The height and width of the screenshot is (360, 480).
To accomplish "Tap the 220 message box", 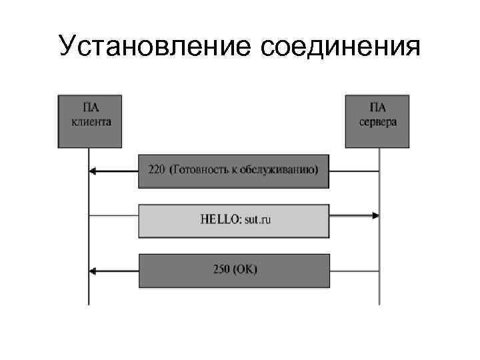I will (234, 170).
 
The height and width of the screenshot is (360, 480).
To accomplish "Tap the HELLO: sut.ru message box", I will (234, 221).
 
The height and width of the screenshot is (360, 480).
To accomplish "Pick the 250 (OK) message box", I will (234, 270).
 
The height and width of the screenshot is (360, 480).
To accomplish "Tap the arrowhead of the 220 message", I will (93, 171).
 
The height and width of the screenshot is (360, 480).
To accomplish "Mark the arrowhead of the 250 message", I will (93, 271).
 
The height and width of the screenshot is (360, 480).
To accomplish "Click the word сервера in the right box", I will (378, 122).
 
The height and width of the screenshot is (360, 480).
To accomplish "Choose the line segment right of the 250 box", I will (354, 271).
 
